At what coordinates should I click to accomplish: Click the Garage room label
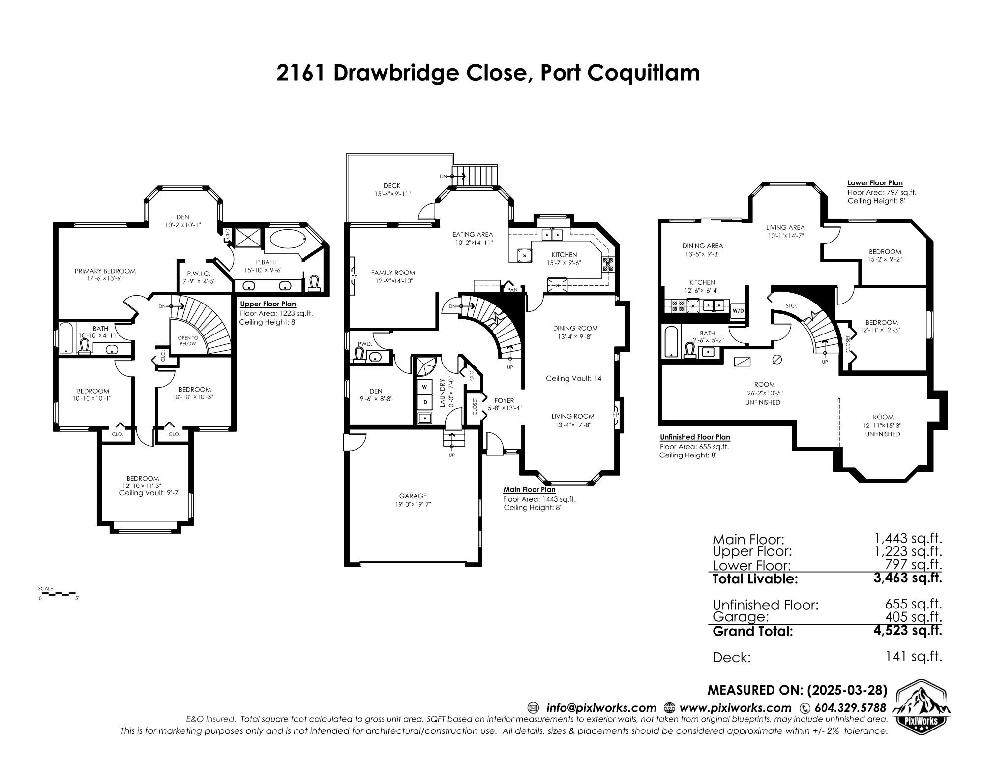coord(413,496)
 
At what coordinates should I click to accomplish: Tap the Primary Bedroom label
coord(105,271)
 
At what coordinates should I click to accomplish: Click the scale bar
coord(58,594)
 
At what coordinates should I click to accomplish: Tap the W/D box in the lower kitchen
coord(738,310)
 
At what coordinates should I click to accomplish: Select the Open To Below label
coord(188,340)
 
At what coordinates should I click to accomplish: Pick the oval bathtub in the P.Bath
coord(287,240)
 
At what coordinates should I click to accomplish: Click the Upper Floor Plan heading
coord(268,304)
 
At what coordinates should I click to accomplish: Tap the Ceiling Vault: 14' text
coord(574,378)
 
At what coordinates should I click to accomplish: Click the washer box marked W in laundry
coord(424,387)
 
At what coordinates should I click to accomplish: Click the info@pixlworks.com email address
coord(601,708)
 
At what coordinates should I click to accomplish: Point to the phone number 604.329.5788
coord(850,708)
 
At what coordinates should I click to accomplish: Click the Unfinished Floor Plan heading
coord(694,437)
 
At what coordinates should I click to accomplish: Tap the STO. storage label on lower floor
coord(791,305)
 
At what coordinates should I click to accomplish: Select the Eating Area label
coord(473,234)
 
